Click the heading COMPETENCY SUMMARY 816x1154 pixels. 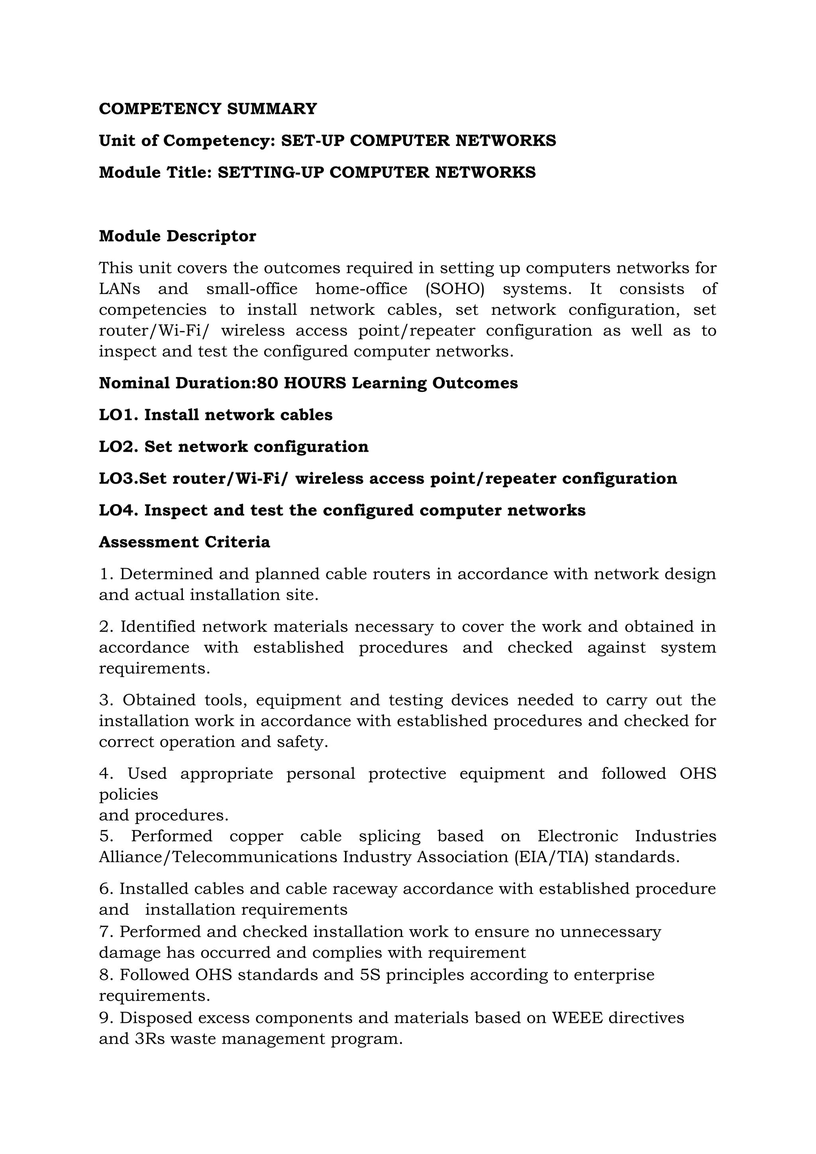[x=208, y=108]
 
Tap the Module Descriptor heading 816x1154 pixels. [x=177, y=236]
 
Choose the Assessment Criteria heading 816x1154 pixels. [x=184, y=542]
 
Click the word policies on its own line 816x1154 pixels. [x=128, y=795]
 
